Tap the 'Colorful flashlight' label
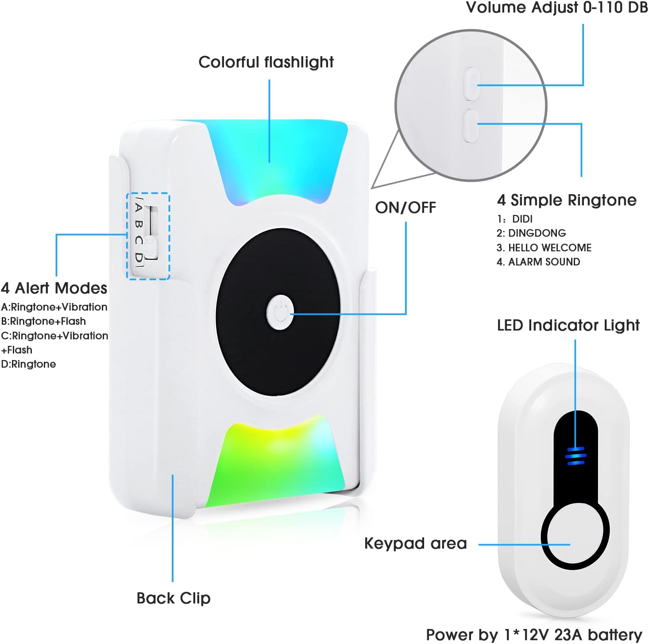click(x=266, y=62)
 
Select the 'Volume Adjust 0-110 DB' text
click(x=557, y=8)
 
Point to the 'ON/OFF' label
click(x=406, y=207)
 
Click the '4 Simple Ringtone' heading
click(x=567, y=200)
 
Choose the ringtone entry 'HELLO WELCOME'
click(x=544, y=248)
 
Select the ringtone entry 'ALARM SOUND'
click(x=538, y=262)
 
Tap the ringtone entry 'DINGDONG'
click(x=531, y=233)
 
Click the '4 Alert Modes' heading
click(x=54, y=288)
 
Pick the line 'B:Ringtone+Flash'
click(x=43, y=321)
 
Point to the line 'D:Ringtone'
click(x=28, y=364)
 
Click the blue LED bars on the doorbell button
click(x=576, y=456)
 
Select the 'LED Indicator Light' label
click(x=568, y=326)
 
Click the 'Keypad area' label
click(x=415, y=544)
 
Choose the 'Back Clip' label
click(x=174, y=598)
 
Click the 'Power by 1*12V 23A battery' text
click(x=534, y=635)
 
